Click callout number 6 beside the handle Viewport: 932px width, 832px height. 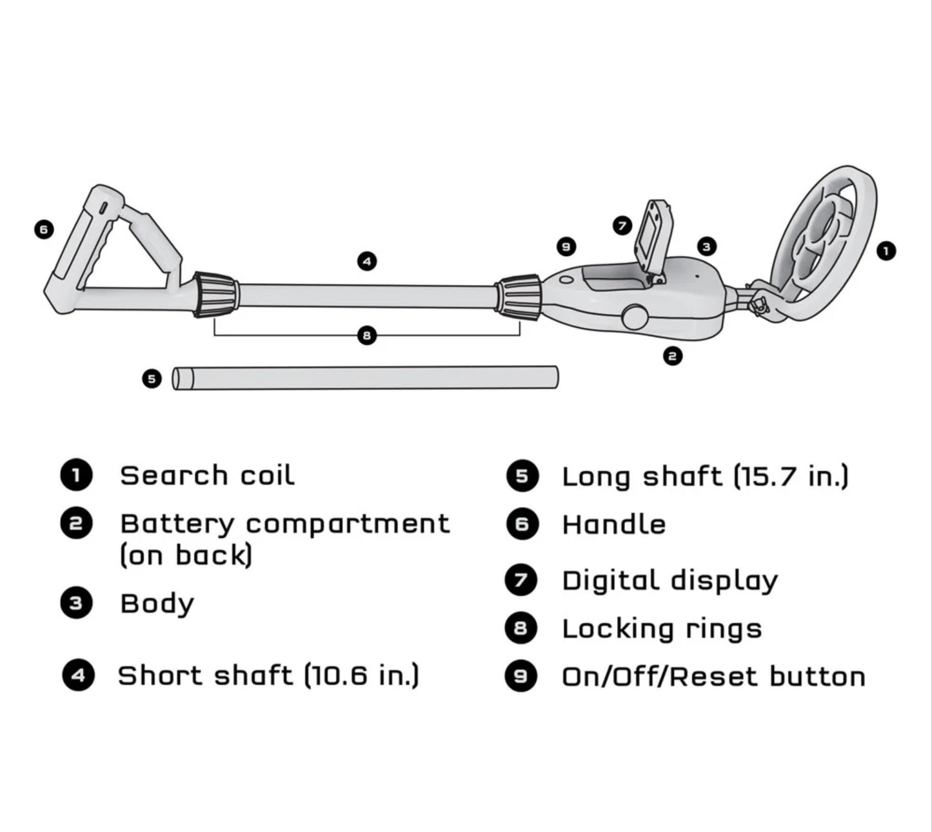click(x=43, y=229)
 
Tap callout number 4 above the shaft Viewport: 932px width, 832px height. click(x=366, y=261)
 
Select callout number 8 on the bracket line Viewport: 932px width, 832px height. click(x=366, y=335)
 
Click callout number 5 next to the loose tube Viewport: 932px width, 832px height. click(x=152, y=379)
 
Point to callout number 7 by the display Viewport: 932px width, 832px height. click(x=622, y=226)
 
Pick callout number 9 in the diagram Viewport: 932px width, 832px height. click(x=566, y=246)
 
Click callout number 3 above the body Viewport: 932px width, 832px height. click(x=706, y=246)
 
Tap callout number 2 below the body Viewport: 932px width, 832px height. click(x=673, y=355)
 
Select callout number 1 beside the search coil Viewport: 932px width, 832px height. click(x=886, y=251)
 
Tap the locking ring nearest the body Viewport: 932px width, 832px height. click(x=518, y=297)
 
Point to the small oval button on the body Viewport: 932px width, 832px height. click(x=567, y=280)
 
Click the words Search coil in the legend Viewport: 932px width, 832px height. click(x=207, y=476)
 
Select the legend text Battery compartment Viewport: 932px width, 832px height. click(x=284, y=524)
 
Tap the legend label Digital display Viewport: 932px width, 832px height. click(x=669, y=580)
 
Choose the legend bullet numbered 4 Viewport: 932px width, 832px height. click(x=78, y=675)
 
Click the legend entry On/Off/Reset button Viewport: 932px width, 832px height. click(x=713, y=677)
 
